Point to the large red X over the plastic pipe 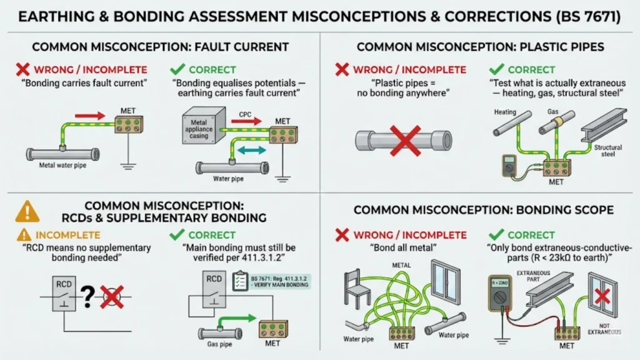[x=405, y=138]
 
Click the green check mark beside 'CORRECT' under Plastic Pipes [x=497, y=69]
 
